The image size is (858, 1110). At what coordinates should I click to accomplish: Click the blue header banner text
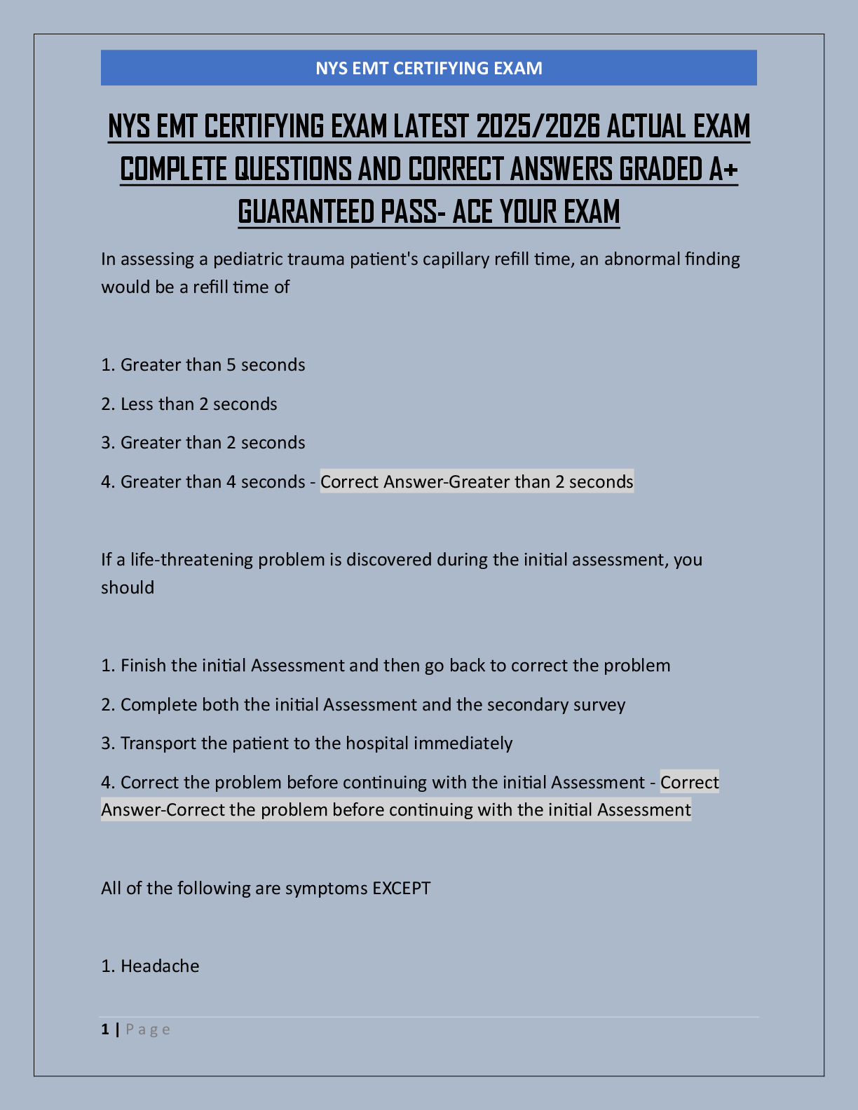[x=428, y=68]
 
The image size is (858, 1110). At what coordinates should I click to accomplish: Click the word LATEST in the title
[x=430, y=127]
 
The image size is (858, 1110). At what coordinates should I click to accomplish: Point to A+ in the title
[x=722, y=170]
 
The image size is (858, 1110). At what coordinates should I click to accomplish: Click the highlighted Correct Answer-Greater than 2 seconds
[x=477, y=482]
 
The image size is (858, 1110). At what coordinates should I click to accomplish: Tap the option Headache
[x=159, y=966]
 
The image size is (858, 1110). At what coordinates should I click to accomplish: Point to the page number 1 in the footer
[x=105, y=1029]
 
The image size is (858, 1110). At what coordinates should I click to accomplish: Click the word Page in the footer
[x=148, y=1029]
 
